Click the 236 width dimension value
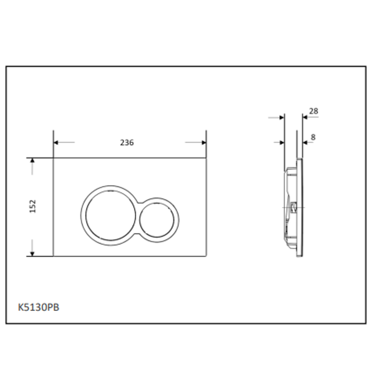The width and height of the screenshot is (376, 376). (x=127, y=143)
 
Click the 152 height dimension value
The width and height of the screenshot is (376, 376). (x=33, y=206)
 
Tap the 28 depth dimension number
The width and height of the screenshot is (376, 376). (x=313, y=111)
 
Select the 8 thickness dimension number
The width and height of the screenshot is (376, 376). (x=313, y=137)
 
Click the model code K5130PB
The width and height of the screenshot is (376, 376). (x=39, y=307)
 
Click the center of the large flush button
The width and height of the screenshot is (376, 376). (x=111, y=216)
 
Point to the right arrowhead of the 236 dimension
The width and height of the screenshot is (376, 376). (x=204, y=142)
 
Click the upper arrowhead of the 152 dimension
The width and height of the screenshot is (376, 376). (x=32, y=160)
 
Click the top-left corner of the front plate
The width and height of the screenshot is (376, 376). (x=53, y=158)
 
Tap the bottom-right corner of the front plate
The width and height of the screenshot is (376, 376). (x=206, y=256)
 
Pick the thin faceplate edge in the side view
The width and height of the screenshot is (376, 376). (x=300, y=209)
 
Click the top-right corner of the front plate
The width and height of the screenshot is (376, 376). (x=206, y=158)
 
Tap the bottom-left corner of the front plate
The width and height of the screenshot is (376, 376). (x=53, y=256)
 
